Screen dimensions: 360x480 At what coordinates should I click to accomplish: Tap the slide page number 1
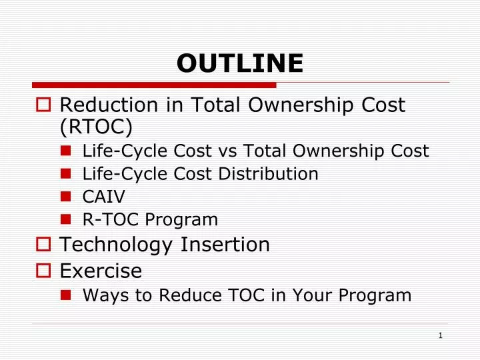pos(441,335)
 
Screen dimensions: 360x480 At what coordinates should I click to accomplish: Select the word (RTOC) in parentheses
pos(96,127)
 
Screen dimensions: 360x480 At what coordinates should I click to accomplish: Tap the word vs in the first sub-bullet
pos(231,151)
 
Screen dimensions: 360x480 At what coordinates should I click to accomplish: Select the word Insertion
pos(225,245)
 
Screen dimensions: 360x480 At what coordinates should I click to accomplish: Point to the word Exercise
pos(101,271)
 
